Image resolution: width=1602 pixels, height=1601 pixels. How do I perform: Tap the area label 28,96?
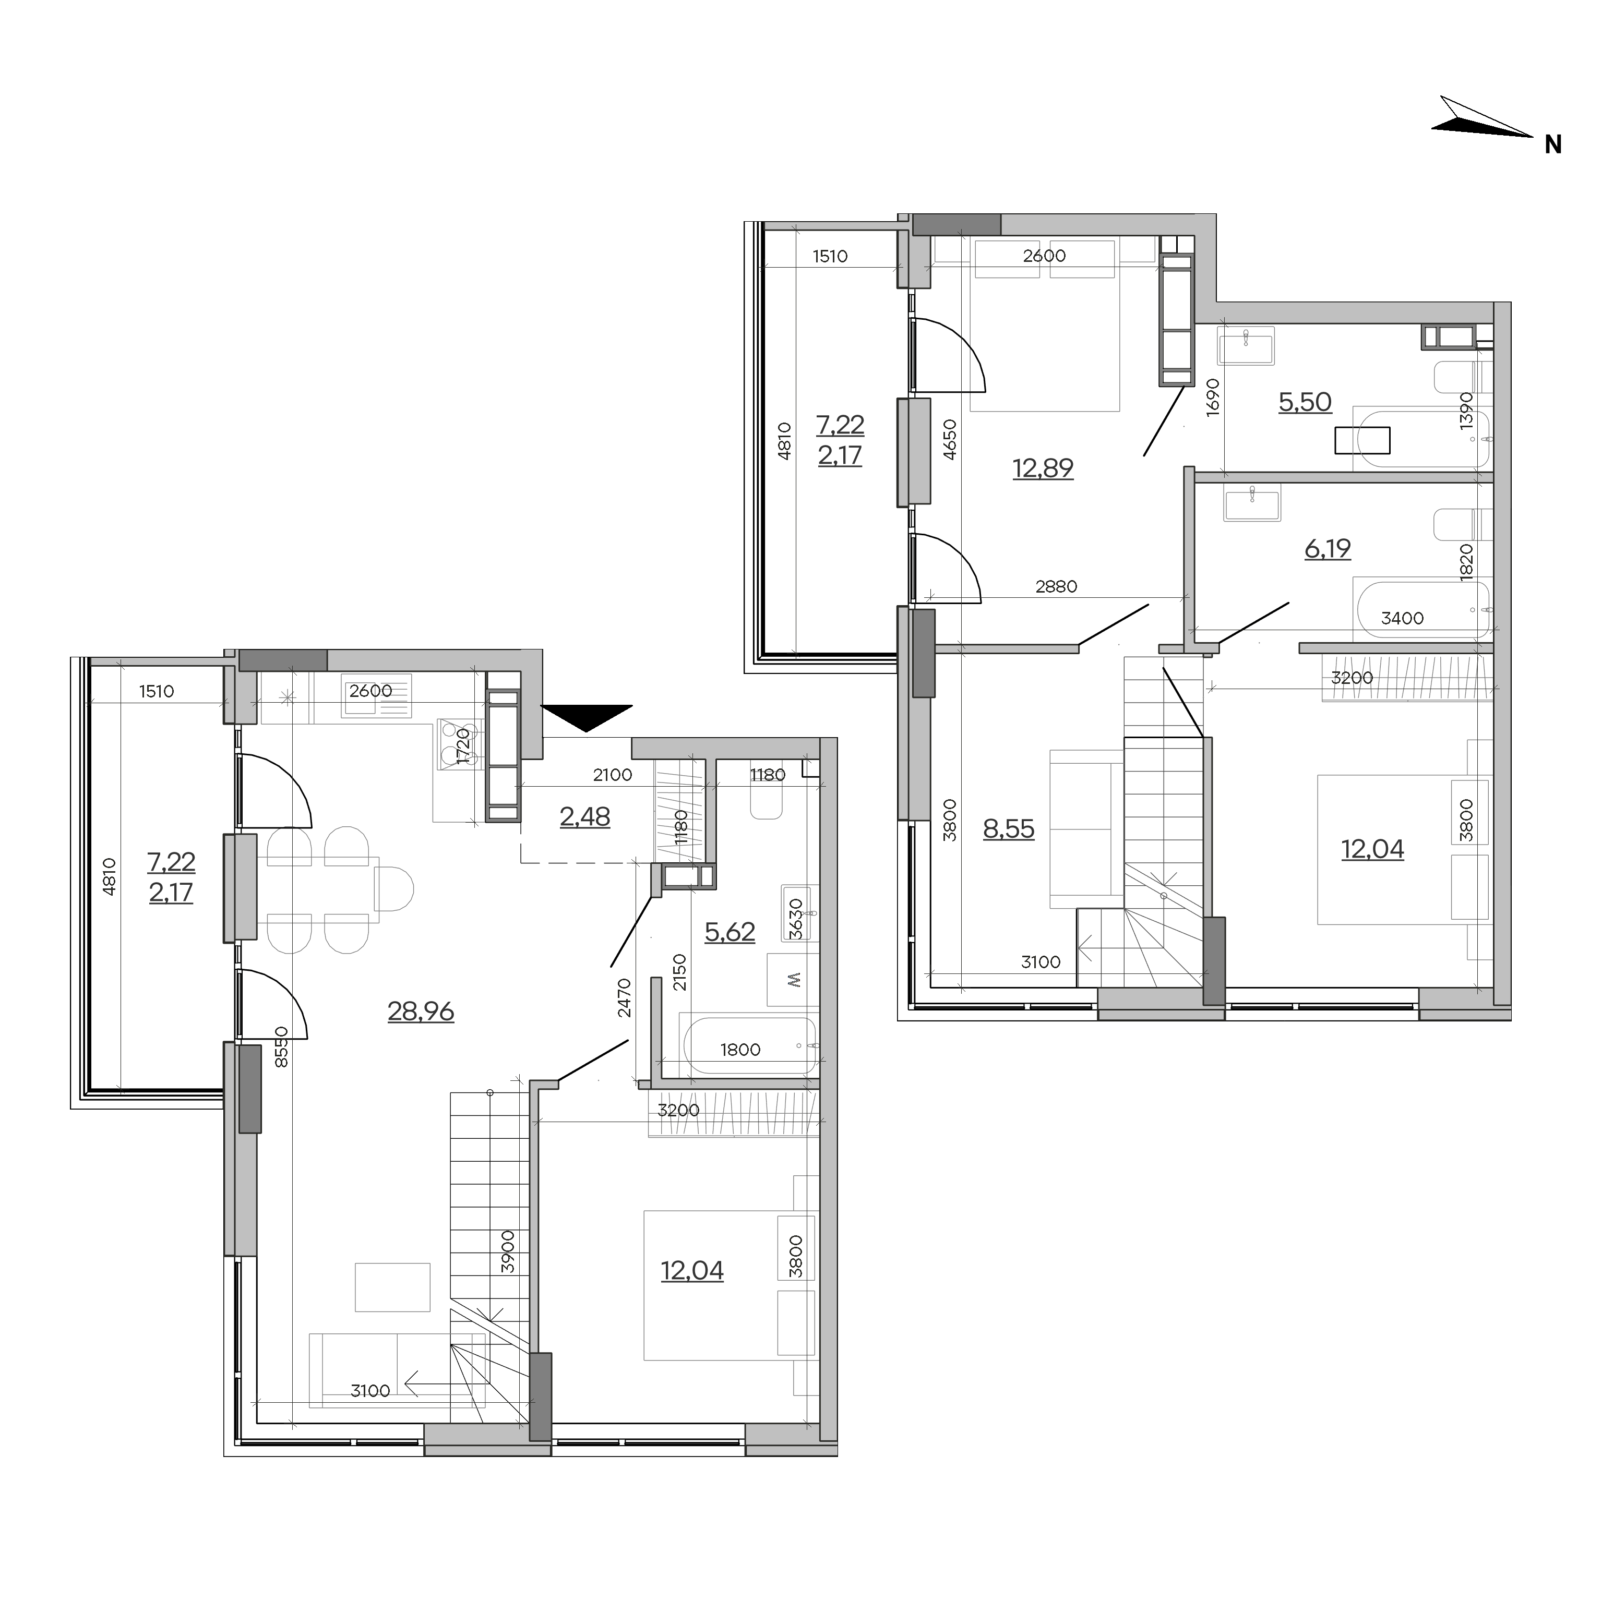point(421,1012)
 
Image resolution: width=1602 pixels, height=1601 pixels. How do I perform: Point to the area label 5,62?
point(730,932)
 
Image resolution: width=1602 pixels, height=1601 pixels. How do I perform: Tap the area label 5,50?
point(1305,402)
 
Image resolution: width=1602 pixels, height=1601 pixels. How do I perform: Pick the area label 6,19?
point(1328,549)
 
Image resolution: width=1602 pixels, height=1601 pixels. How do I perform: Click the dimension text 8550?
point(281,1047)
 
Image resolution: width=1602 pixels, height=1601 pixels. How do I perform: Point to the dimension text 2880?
point(1056,587)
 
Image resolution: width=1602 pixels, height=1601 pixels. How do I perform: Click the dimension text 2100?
point(612,775)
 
